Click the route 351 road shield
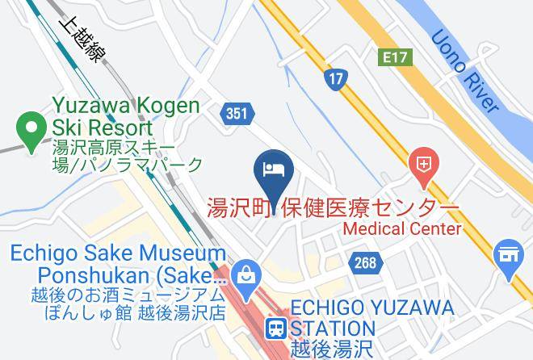coord(237,114)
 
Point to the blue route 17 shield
coord(335,78)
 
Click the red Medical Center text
coord(403,228)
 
